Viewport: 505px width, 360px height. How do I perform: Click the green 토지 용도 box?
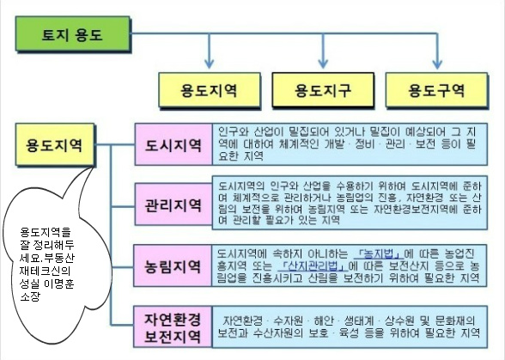pyautogui.click(x=73, y=34)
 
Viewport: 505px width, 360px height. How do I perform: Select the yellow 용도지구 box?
pyautogui.click(x=323, y=89)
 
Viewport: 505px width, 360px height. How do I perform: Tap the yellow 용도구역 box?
pyautogui.click(x=436, y=89)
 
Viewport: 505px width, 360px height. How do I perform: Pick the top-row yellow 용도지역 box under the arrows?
pyautogui.click(x=210, y=89)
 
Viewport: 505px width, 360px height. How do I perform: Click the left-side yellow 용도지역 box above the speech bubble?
pyautogui.click(x=55, y=144)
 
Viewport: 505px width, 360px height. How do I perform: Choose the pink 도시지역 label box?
pyautogui.click(x=173, y=144)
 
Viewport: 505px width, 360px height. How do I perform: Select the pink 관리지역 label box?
pyautogui.click(x=173, y=204)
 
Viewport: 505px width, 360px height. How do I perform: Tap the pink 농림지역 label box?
pyautogui.click(x=173, y=265)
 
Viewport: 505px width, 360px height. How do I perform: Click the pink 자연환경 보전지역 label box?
pyautogui.click(x=173, y=326)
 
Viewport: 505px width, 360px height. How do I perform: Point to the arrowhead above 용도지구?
pyautogui.click(x=323, y=64)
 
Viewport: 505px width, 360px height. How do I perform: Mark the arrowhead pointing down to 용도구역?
pyautogui.click(x=436, y=64)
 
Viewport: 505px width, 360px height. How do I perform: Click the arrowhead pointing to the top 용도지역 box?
pyautogui.click(x=210, y=64)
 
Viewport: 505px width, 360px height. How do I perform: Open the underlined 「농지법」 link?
pyautogui.click(x=379, y=254)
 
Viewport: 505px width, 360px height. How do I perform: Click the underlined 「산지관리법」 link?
pyautogui.click(x=313, y=265)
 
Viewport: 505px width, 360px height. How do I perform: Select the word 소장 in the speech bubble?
pyautogui.click(x=29, y=296)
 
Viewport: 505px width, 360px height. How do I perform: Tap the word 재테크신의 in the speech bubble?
pyautogui.click(x=45, y=272)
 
